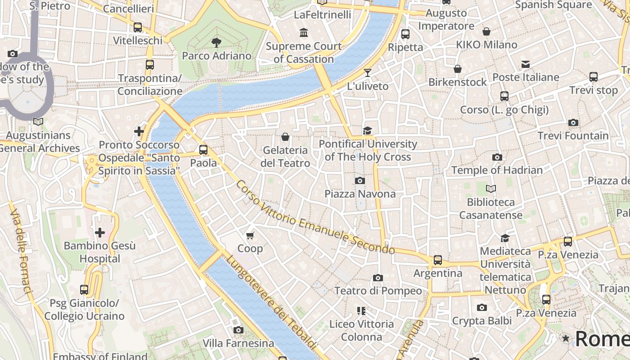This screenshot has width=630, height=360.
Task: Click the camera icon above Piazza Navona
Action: tap(360, 180)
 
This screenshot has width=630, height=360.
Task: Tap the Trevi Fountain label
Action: tap(573, 135)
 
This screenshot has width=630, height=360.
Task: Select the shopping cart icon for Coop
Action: tap(250, 235)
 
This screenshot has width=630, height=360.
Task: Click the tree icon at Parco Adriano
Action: tap(216, 43)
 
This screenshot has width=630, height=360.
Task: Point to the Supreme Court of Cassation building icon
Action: tap(304, 33)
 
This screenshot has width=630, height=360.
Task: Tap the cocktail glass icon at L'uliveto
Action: tap(368, 73)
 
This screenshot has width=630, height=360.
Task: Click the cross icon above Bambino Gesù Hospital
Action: tap(100, 233)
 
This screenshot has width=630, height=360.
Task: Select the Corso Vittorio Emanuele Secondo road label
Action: tap(315, 218)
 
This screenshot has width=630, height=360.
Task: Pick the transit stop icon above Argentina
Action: tap(438, 260)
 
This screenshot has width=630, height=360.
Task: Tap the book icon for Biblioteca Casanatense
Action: tap(491, 189)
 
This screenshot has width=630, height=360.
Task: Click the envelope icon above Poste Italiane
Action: tap(526, 64)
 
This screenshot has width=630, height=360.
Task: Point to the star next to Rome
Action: tap(566, 338)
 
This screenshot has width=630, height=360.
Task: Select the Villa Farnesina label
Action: tap(238, 343)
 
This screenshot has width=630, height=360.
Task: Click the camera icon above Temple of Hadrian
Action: tap(497, 157)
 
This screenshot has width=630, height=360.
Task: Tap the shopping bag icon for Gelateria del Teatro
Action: tap(285, 137)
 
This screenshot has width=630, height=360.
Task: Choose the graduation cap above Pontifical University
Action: tap(368, 130)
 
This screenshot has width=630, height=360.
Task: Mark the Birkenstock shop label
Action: tap(457, 82)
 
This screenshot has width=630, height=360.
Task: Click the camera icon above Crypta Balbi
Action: tap(482, 308)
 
